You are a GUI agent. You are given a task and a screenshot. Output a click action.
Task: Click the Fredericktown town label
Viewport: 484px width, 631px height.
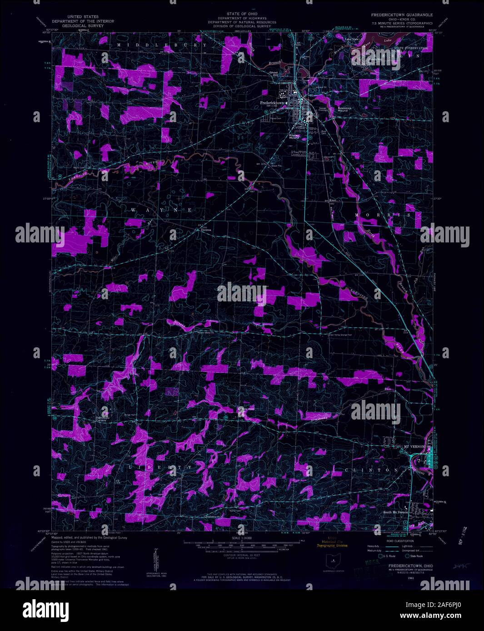(274, 103)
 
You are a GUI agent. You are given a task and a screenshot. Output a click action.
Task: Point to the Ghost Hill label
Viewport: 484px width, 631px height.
(274, 74)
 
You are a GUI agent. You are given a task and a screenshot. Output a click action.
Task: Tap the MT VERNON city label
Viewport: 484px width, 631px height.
(414, 447)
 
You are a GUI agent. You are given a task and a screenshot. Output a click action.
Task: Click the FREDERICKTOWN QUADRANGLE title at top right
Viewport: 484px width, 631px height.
(402, 15)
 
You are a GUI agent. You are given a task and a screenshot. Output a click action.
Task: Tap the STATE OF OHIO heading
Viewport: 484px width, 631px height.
(242, 15)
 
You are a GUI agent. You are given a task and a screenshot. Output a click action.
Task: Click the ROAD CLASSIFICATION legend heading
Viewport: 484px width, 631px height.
(399, 541)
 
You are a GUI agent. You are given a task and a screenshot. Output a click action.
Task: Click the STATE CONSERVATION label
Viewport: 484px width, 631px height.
(411, 48)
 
